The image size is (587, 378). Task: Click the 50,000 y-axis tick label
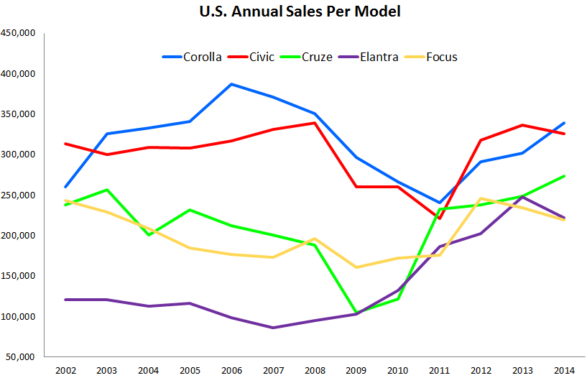coord(20,357)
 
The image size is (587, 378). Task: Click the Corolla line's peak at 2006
coord(232,84)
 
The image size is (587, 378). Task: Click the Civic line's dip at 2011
coord(440,218)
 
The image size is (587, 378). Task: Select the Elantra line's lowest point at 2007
coord(274,328)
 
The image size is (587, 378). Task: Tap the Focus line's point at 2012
coord(481,198)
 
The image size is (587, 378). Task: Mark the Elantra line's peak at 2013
coord(523,196)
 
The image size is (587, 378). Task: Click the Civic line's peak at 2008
coord(315,123)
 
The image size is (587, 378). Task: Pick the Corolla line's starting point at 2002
coord(66,187)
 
